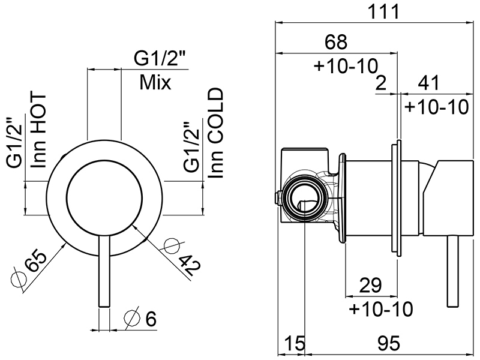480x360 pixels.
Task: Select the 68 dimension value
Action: click(335, 43)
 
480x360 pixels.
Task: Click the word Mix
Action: click(155, 83)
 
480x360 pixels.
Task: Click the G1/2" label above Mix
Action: click(159, 59)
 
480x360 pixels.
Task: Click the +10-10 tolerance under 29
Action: click(381, 310)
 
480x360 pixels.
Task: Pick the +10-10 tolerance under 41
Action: click(436, 107)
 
